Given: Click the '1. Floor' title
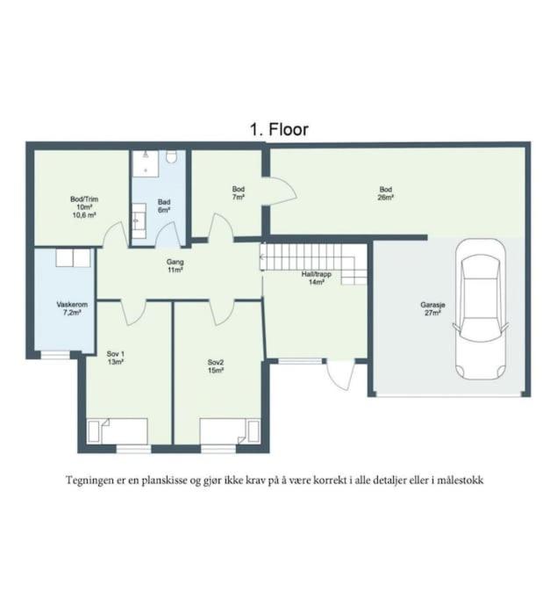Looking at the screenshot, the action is pos(279,129).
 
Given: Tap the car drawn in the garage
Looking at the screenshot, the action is pos(481,309).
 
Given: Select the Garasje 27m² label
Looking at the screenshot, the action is pos(432,309).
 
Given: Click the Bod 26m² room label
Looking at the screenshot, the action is pos(386,193).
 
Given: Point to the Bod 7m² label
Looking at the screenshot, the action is pos(239,193).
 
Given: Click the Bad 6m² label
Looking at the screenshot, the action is pos(164,206).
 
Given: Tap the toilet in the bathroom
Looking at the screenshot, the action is pos(172,156).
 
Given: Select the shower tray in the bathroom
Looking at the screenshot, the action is pos(146,163).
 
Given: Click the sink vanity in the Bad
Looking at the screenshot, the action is pos(139,216).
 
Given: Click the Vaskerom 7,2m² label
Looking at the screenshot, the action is pos(72,308).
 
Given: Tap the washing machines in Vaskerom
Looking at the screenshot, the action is pos(74,258).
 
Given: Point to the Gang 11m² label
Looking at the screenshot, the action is pos(175,266).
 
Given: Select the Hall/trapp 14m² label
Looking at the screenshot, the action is pos(317,278).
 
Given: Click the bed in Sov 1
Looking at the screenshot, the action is pos(118,431).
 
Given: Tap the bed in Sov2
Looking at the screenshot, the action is pos(231,431).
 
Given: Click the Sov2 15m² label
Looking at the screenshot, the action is pos(216,366).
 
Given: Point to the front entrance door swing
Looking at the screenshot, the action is pos(340,375).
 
